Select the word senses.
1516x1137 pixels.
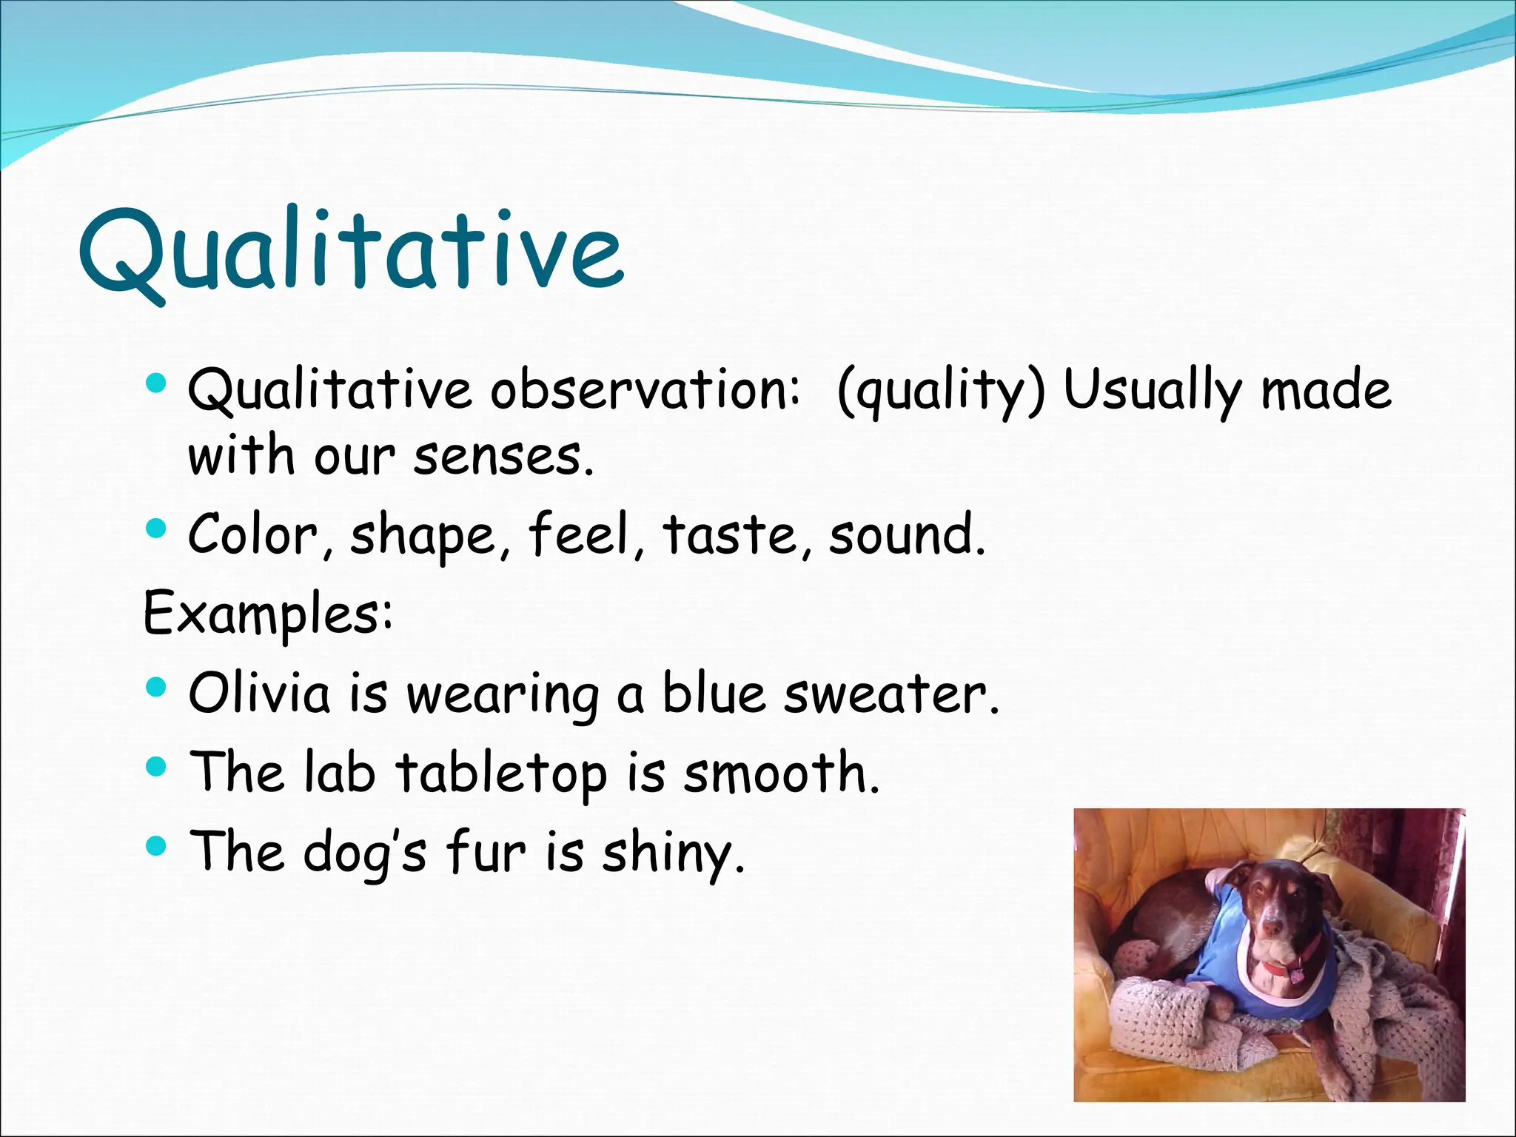point(503,456)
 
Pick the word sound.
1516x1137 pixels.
point(908,534)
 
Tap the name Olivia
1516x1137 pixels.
point(259,693)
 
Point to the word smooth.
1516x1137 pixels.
point(782,773)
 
